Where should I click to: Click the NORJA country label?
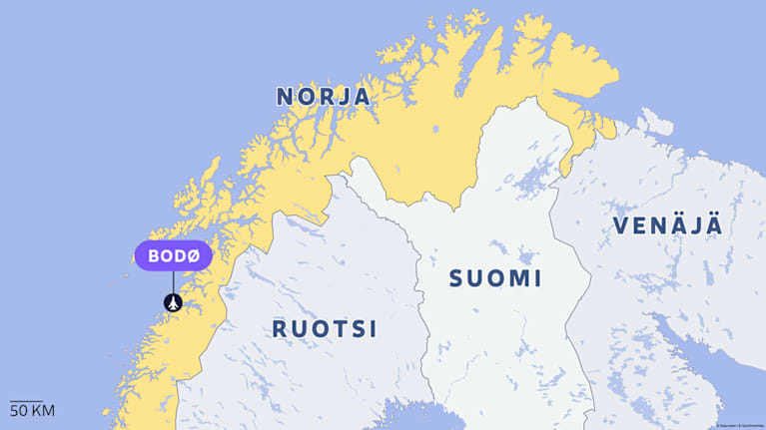tap(323, 97)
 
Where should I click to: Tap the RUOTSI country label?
tap(324, 328)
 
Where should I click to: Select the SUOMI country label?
tap(494, 278)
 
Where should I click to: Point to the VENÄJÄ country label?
tap(666, 225)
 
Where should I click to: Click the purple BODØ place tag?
tap(174, 255)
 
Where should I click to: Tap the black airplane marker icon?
tap(174, 301)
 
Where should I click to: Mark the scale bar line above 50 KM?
tap(26, 401)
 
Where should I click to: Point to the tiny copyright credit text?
tap(739, 425)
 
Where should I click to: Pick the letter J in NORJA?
tap(343, 97)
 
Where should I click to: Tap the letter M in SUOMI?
tap(521, 278)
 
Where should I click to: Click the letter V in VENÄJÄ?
tap(621, 225)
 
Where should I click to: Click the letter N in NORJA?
tap(285, 97)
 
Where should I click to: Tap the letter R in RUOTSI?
tap(281, 328)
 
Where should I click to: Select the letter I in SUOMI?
tap(538, 278)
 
